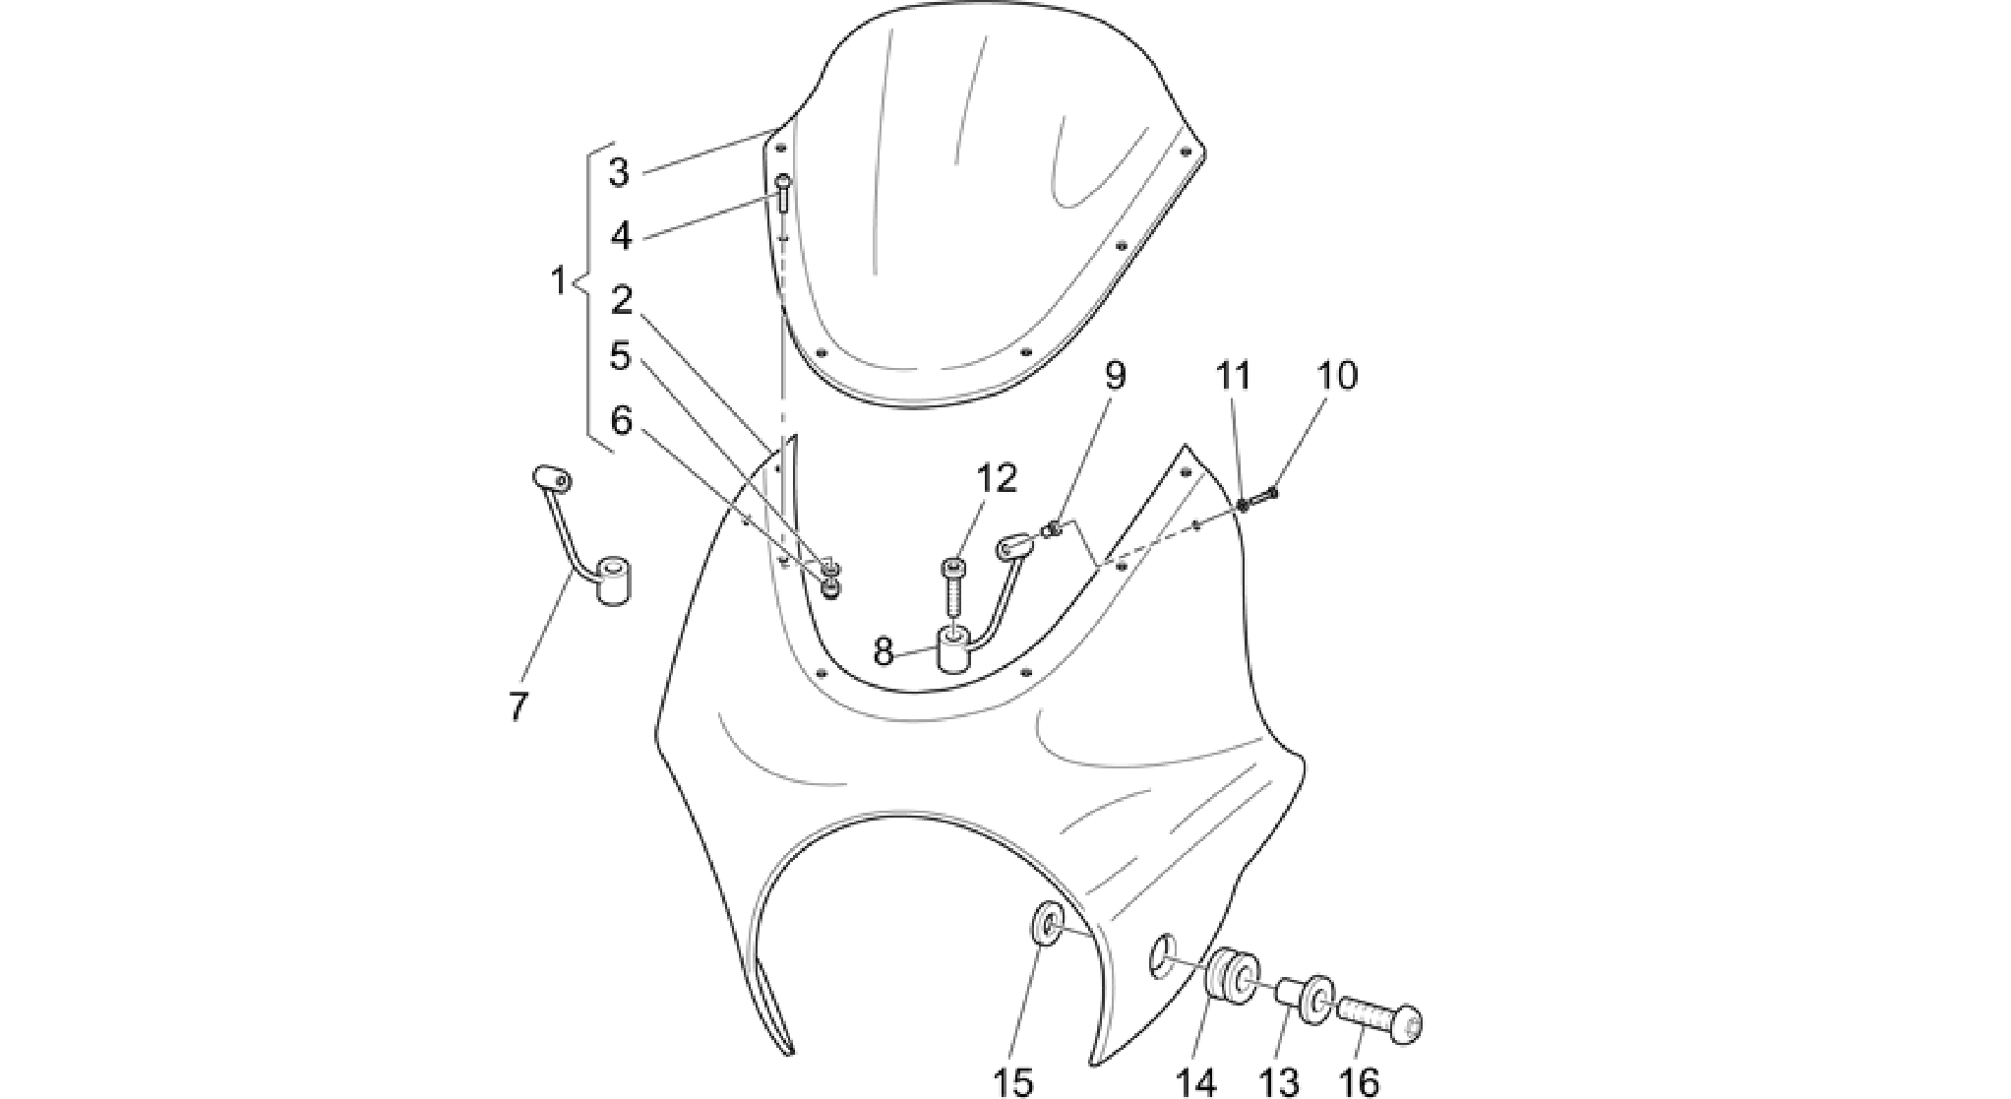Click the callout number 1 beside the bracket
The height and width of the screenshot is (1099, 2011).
pyautogui.click(x=558, y=281)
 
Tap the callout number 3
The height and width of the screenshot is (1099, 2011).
pyautogui.click(x=619, y=172)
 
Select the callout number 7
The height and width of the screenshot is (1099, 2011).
pyautogui.click(x=518, y=707)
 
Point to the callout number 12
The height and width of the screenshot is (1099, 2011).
pyautogui.click(x=996, y=478)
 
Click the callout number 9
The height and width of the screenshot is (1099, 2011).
pyautogui.click(x=1115, y=375)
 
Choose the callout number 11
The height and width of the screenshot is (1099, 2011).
pyautogui.click(x=1233, y=375)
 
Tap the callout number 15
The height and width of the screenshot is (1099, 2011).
pyautogui.click(x=1013, y=1082)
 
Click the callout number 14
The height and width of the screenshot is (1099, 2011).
pyautogui.click(x=1196, y=1082)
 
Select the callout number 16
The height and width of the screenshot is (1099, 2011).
pyautogui.click(x=1359, y=1082)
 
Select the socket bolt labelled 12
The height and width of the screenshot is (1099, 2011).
pyautogui.click(x=954, y=586)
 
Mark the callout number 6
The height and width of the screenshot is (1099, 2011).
pyautogui.click(x=620, y=420)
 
